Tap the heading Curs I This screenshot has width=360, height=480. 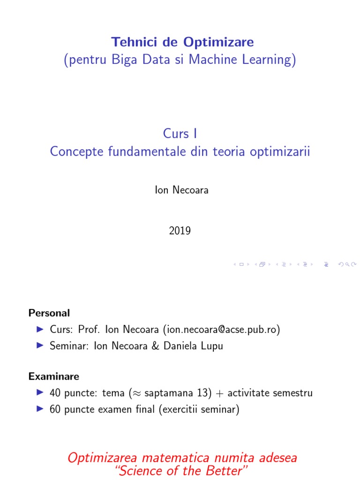pyautogui.click(x=180, y=134)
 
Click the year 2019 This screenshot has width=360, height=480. pyautogui.click(x=180, y=231)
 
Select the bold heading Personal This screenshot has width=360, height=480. pyautogui.click(x=49, y=313)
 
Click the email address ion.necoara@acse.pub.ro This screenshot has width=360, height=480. pyautogui.click(x=221, y=330)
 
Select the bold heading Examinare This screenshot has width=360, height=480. pyautogui.click(x=54, y=376)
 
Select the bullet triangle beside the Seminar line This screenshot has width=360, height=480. pyautogui.click(x=40, y=346)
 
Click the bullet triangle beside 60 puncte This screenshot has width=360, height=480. pyautogui.click(x=40, y=409)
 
